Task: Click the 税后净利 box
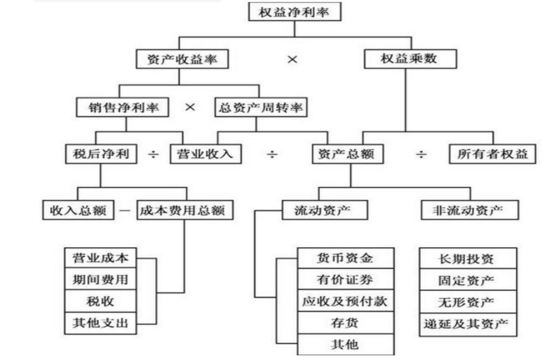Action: coord(101,155)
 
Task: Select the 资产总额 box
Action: coord(349,155)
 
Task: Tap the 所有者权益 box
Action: coord(492,155)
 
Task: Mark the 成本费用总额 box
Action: coord(183,210)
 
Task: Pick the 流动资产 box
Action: coord(319,210)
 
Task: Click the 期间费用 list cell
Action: coord(97,279)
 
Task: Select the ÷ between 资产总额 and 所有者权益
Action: coord(421,155)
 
